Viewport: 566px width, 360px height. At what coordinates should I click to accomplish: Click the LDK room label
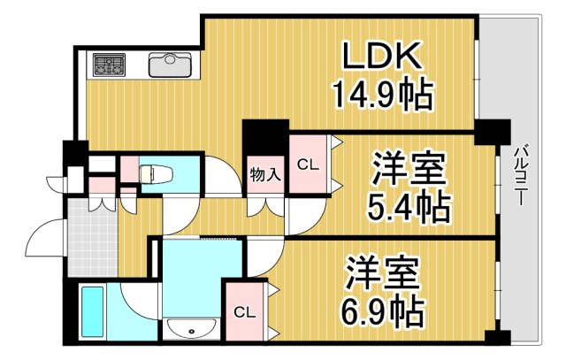coord(383,57)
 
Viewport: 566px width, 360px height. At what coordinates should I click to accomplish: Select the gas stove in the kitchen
coord(110,65)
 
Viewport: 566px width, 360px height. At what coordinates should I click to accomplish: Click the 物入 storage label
coord(264,173)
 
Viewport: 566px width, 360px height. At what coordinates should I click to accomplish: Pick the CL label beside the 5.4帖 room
coord(307,165)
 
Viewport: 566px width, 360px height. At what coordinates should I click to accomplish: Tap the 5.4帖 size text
coord(408,208)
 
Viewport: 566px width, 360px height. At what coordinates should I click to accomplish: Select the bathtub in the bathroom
coord(91,310)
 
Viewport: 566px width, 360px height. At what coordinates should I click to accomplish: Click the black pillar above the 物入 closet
coord(265,136)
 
